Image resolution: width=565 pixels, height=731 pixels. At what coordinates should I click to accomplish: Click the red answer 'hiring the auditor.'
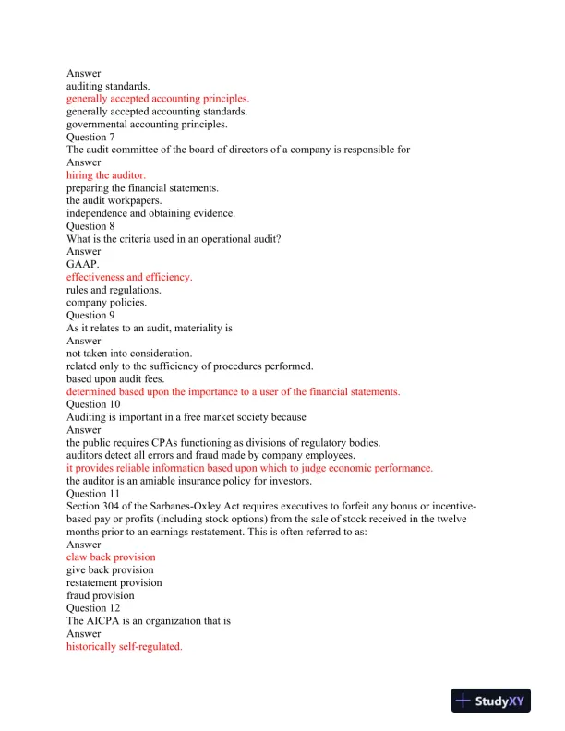(x=105, y=174)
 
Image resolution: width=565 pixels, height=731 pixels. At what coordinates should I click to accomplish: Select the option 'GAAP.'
(x=81, y=264)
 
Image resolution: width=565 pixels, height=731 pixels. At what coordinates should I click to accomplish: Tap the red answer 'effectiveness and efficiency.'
(x=129, y=277)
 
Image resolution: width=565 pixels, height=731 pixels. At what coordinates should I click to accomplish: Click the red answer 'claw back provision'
(x=111, y=557)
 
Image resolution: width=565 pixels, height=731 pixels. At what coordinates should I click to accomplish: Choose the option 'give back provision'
(x=110, y=570)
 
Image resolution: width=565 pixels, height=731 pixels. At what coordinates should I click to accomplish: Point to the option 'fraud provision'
(x=100, y=596)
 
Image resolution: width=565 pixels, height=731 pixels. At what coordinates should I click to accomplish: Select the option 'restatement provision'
(x=114, y=583)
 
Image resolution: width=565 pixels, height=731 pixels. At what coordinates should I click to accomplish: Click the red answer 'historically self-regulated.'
(x=124, y=647)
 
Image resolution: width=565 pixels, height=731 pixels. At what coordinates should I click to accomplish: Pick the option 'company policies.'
(x=106, y=302)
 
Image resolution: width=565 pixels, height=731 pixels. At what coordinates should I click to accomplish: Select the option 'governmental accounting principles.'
(x=147, y=124)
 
